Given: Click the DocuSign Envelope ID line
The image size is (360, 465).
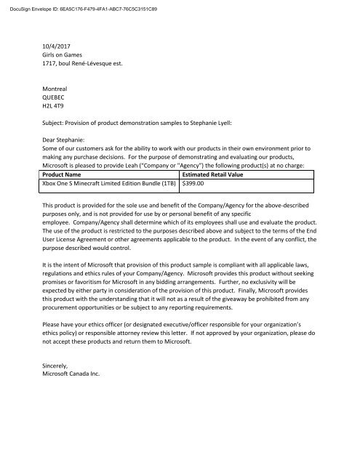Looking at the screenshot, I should [79, 7].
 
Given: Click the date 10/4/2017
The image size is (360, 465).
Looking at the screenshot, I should [58, 52].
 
